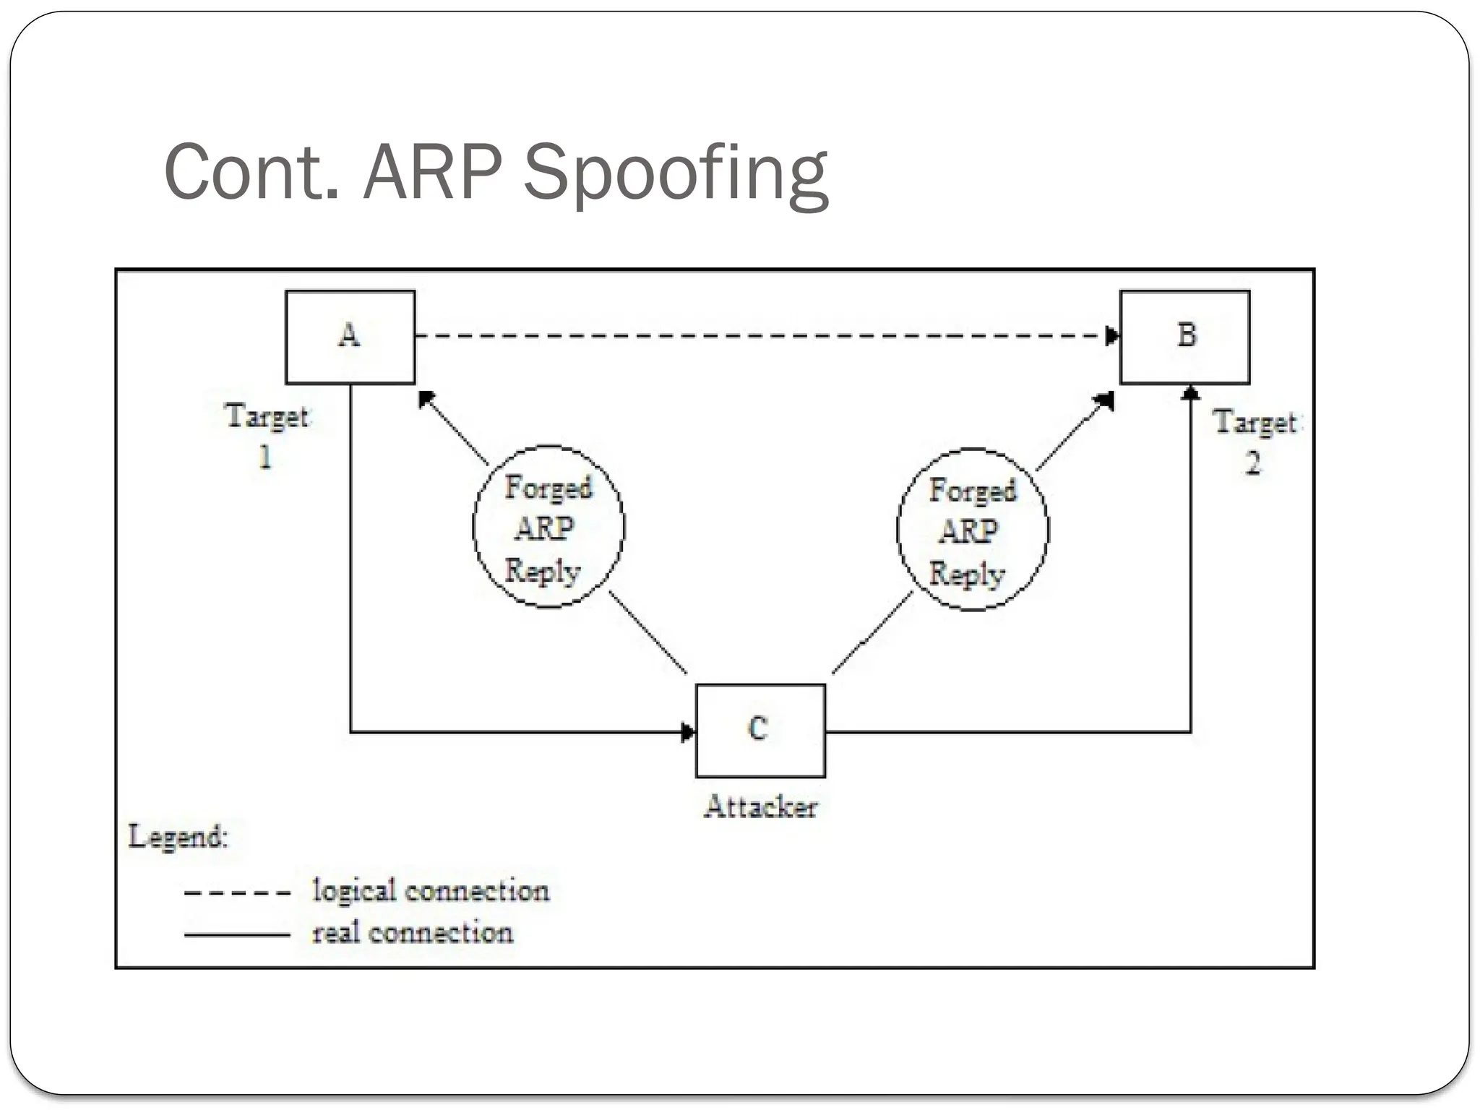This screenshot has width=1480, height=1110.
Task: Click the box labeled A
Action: click(350, 337)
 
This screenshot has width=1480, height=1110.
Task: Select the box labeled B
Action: click(1184, 337)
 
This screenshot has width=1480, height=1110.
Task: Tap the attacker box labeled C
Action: click(760, 730)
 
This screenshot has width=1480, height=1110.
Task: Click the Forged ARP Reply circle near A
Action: click(548, 527)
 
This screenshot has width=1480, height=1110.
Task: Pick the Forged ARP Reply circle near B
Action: click(972, 530)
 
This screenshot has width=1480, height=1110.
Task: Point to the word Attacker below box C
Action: click(760, 807)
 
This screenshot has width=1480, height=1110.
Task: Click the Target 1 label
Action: click(267, 436)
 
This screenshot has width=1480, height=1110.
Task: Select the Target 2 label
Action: click(1255, 442)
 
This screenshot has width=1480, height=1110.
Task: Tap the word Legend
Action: click(178, 837)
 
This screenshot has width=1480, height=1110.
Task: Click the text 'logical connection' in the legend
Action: click(431, 890)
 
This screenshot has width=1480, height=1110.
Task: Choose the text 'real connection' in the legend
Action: click(413, 933)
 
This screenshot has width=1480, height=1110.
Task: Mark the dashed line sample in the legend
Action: click(237, 893)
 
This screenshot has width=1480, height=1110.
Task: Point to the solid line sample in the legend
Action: click(237, 935)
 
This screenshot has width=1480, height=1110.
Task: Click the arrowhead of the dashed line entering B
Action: click(1113, 336)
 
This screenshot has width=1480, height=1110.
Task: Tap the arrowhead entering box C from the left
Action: click(688, 732)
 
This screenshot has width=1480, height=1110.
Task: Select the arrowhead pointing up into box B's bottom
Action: click(1191, 392)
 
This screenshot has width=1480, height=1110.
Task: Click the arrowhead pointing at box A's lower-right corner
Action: click(426, 397)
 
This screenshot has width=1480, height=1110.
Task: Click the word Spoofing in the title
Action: click(675, 173)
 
